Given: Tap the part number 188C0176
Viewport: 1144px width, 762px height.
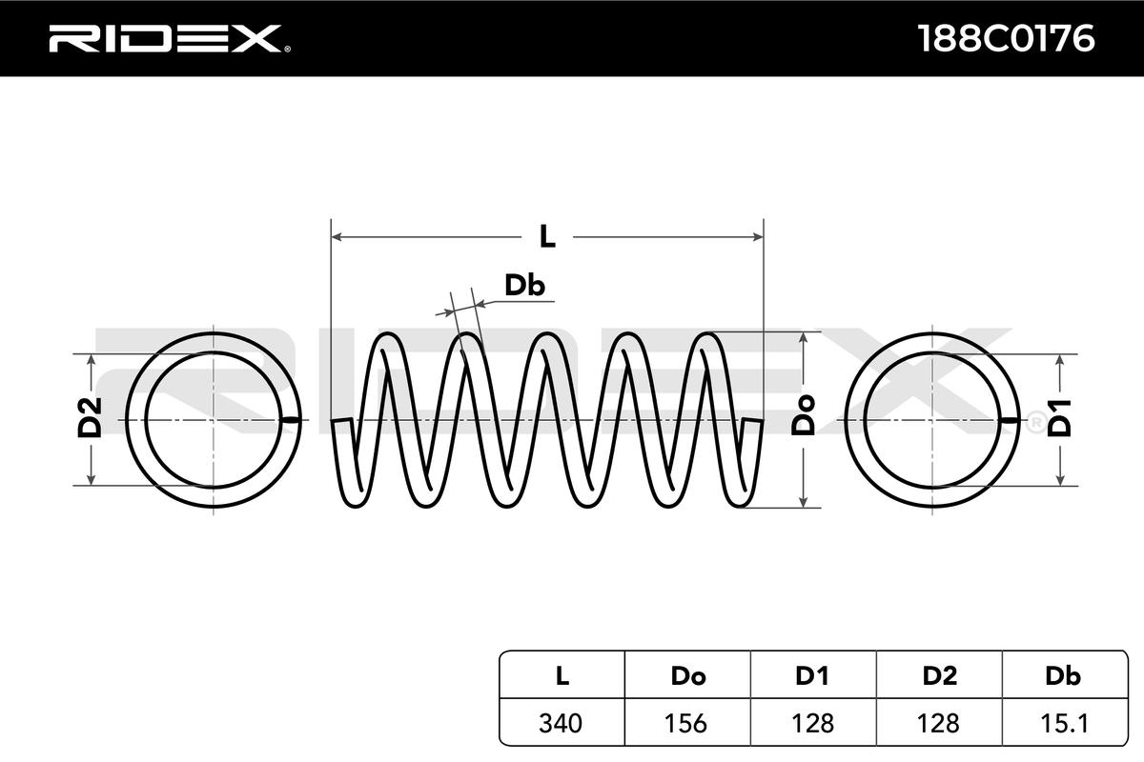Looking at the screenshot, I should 1005,39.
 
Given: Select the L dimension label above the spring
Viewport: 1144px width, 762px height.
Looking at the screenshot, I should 547,236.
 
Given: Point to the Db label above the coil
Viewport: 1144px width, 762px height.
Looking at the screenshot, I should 524,286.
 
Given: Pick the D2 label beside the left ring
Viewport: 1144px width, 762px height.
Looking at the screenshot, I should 90,419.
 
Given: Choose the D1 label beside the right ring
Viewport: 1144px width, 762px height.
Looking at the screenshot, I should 1060,419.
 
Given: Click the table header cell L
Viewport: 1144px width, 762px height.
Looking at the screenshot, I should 562,676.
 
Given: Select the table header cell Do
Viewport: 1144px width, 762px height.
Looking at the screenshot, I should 687,676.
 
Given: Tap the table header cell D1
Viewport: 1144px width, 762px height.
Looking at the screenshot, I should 812,676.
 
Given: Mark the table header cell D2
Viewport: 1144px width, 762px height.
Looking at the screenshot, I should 939,676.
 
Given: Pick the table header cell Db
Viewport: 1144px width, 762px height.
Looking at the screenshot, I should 1063,676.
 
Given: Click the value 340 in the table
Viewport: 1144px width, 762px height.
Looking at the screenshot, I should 562,723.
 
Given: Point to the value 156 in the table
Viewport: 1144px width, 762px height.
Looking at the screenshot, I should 687,723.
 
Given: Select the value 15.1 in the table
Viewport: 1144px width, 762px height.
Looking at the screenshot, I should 1063,723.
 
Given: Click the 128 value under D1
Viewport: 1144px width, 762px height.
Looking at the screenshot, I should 812,723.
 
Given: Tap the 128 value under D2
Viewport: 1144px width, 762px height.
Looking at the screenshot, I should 939,723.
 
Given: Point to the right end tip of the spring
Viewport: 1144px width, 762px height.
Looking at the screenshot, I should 758,421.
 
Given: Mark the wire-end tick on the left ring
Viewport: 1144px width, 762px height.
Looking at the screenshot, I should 292,419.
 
